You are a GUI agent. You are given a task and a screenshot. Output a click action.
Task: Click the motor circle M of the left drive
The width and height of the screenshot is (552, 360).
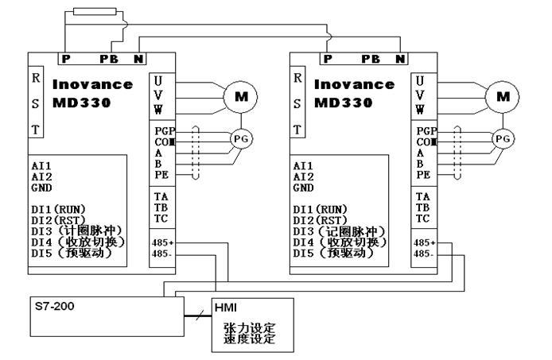pyautogui.click(x=239, y=98)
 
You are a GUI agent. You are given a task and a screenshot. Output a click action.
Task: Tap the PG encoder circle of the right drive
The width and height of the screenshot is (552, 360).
pyautogui.click(x=502, y=138)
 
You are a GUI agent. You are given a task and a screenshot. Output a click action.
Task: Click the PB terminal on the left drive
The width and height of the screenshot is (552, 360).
pyautogui.click(x=108, y=59)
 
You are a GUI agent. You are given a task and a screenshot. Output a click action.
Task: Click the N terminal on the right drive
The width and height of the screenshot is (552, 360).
pyautogui.click(x=399, y=59)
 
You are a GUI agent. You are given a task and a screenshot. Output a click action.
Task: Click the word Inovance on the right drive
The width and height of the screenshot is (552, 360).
pyautogui.click(x=355, y=84)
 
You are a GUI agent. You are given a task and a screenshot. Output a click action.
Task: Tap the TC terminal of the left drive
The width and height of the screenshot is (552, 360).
pyautogui.click(x=159, y=218)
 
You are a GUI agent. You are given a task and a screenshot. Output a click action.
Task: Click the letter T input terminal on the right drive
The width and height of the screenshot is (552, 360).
pyautogui.click(x=297, y=129)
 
